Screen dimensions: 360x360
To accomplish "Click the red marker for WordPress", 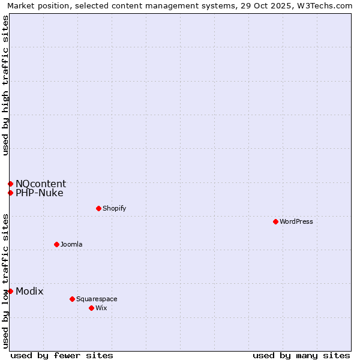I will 275,221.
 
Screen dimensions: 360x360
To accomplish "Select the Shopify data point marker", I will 98,208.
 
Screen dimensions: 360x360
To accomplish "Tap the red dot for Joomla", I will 56,244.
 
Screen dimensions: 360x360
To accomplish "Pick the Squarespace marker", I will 72,299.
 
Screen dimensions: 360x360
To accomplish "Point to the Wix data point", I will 91,308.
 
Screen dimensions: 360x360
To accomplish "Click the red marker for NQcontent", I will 10,184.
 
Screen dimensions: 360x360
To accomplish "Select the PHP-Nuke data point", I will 10,193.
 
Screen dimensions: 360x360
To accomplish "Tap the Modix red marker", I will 10,291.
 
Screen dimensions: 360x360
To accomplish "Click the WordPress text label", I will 296,221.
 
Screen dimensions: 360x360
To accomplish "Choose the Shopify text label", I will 114,208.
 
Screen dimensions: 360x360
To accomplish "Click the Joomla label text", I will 71,244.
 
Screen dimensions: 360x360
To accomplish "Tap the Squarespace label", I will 97,299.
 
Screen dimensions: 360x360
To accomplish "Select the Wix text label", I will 101,308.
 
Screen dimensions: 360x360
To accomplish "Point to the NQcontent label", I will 41,184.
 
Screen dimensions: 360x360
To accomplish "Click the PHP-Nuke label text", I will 40,193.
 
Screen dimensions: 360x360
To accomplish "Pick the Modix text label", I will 29,291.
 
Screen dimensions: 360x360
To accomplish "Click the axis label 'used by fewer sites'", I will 62,355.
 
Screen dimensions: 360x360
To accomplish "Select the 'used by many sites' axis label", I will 301,355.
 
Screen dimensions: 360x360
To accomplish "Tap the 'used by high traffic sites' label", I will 5,85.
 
